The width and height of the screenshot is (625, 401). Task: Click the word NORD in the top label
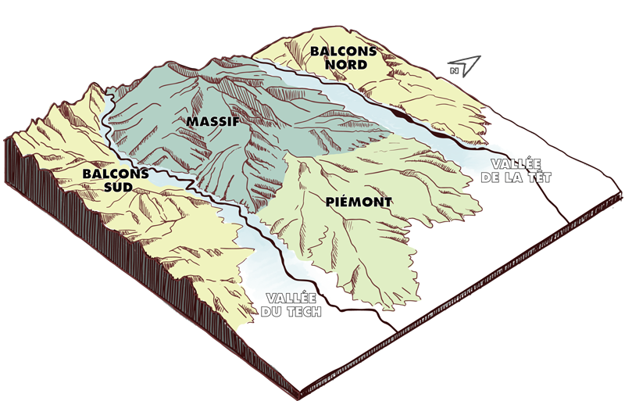(x=344, y=65)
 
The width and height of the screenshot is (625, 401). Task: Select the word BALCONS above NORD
(x=344, y=52)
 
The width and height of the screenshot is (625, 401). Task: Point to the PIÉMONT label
(x=358, y=202)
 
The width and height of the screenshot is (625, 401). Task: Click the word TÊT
(x=538, y=178)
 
